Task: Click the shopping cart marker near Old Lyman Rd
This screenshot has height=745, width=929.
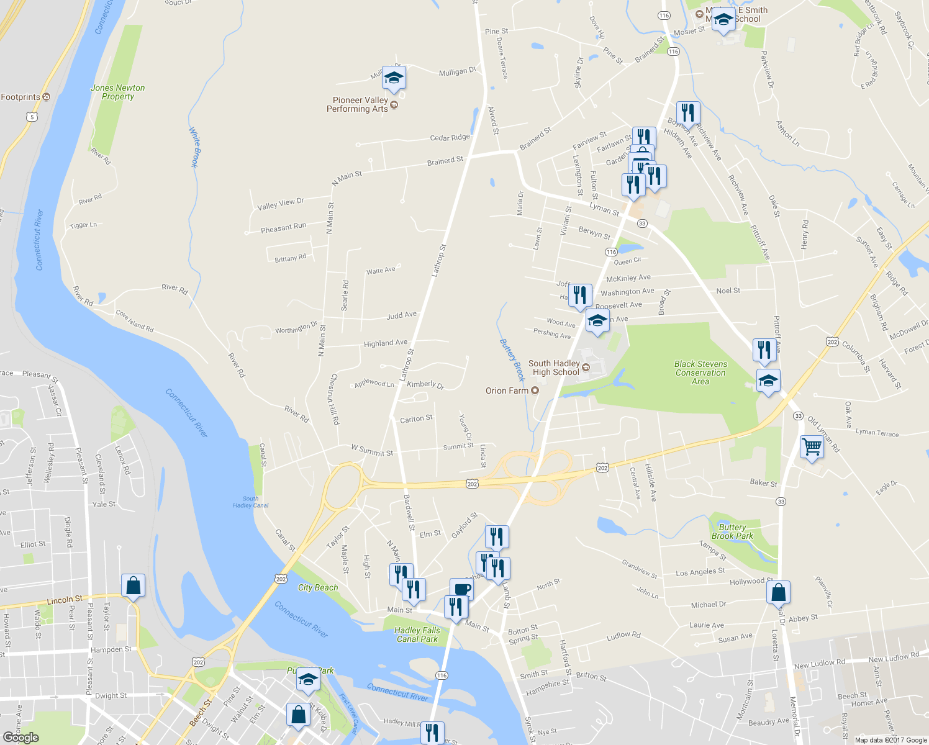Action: click(812, 446)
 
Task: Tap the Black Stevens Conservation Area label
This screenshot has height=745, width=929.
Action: click(700, 372)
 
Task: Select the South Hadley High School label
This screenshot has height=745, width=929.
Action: click(554, 368)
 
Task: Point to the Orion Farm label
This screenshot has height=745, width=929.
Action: click(507, 391)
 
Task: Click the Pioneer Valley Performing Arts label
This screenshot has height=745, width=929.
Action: click(360, 104)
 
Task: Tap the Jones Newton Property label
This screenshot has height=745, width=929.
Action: click(118, 92)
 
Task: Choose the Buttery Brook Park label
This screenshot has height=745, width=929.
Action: click(732, 531)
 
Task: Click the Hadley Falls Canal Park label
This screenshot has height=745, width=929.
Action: click(417, 634)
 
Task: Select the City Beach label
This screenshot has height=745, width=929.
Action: click(318, 587)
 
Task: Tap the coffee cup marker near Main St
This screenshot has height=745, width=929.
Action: click(461, 589)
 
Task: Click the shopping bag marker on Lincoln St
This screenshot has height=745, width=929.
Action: click(134, 585)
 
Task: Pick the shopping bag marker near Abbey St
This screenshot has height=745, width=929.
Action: click(779, 592)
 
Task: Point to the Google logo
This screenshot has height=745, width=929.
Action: click(21, 737)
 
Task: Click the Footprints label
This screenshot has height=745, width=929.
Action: click(20, 97)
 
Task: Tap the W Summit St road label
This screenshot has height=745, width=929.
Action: click(371, 450)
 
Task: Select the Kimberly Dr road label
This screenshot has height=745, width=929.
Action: click(425, 385)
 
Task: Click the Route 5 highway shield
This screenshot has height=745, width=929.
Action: click(32, 117)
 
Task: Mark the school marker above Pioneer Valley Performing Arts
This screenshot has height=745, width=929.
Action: click(394, 78)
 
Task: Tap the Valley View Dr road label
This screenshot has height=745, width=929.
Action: click(281, 203)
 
